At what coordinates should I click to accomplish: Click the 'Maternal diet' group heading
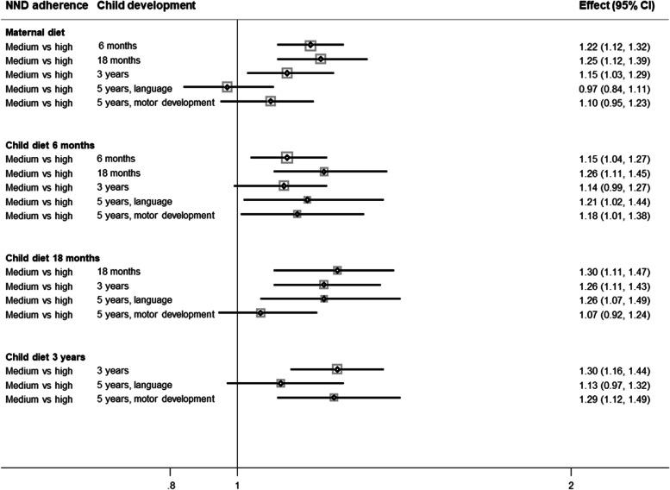[x=34, y=32]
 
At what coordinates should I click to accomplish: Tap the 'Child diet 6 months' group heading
[x=50, y=144]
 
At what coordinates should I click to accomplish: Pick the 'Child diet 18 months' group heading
[x=53, y=258]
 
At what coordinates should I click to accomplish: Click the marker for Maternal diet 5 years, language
[x=227, y=87]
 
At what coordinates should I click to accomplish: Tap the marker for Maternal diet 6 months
[x=310, y=46]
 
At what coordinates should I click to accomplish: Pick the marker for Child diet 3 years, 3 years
[x=337, y=369]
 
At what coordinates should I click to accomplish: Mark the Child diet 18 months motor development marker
[x=260, y=313]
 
